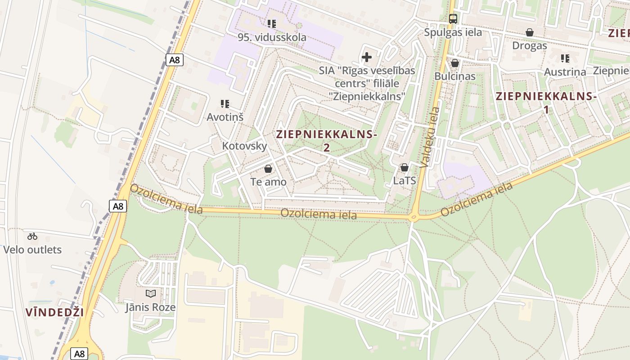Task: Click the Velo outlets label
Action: (x=32, y=250)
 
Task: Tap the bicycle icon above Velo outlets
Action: (x=32, y=236)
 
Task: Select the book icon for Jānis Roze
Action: (x=151, y=294)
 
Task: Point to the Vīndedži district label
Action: (x=54, y=312)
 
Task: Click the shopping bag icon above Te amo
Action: (x=268, y=169)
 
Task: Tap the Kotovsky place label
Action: (x=244, y=146)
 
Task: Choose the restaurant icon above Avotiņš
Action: (x=225, y=104)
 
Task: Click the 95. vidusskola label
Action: (x=272, y=37)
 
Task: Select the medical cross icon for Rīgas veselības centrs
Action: (x=367, y=57)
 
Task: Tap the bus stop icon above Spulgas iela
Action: (x=453, y=19)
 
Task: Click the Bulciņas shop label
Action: (x=454, y=76)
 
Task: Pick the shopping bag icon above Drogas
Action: (x=530, y=32)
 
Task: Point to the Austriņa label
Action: (x=565, y=72)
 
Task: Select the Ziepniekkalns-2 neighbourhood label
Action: (x=326, y=140)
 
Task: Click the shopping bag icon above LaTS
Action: (x=404, y=167)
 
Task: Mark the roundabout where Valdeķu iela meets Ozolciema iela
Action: (x=413, y=218)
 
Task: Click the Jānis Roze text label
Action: (x=150, y=307)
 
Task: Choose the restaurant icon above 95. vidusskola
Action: (x=271, y=23)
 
